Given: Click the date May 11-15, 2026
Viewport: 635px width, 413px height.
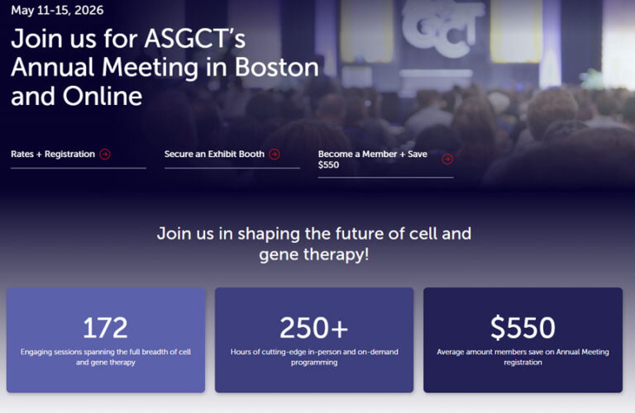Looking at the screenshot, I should [x=57, y=11].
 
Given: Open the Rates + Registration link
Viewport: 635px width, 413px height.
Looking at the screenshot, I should [x=53, y=154].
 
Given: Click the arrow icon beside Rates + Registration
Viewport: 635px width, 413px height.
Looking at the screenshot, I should [x=105, y=154].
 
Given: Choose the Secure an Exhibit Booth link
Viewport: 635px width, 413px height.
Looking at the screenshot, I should [x=214, y=154].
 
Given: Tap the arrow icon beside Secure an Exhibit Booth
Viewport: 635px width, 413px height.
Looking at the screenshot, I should [x=275, y=154].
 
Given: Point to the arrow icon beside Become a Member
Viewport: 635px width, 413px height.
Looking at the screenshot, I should [x=447, y=159].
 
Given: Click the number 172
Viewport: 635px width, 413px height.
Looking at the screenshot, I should [x=105, y=328].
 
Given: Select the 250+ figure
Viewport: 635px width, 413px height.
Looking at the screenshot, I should [x=314, y=328].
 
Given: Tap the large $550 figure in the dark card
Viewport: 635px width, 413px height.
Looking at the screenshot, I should [x=523, y=328].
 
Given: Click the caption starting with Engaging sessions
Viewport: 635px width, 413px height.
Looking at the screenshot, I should [x=105, y=357].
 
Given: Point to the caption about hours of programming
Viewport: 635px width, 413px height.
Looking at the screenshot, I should [x=314, y=357].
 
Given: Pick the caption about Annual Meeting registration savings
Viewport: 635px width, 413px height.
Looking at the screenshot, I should [x=523, y=357].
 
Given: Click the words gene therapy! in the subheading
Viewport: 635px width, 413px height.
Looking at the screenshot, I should [x=314, y=254].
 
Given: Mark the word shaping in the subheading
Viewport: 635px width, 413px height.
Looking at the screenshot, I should [x=270, y=233].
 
